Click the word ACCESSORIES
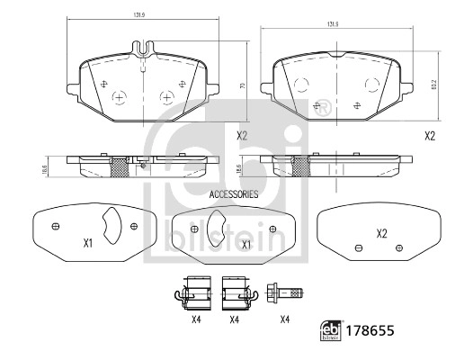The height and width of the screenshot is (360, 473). click(x=233, y=194)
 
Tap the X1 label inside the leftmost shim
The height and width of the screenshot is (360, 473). click(x=87, y=243)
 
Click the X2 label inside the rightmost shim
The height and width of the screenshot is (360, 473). click(x=380, y=234)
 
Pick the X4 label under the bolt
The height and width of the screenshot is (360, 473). click(x=284, y=319)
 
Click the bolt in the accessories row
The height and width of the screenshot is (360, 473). click(x=287, y=291)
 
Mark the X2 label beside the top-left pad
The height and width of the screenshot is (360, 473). click(x=241, y=137)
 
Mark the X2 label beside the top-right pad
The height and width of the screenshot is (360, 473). click(x=429, y=136)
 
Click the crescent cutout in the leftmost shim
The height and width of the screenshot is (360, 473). click(x=111, y=227)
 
